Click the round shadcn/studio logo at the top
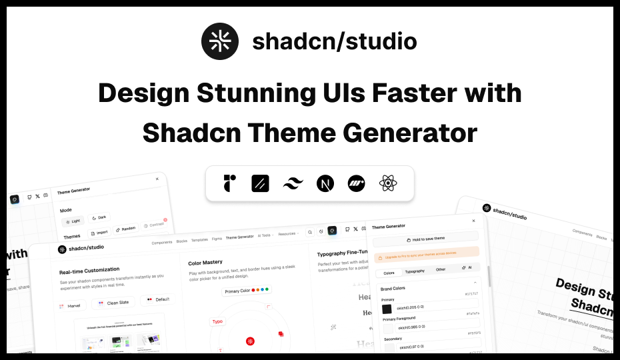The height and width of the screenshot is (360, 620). [x=220, y=41]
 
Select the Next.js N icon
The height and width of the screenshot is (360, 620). [x=325, y=183]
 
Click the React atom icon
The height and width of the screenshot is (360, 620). [x=389, y=183]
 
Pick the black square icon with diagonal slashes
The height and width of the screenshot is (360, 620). [x=261, y=183]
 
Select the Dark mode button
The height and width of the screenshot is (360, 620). [x=99, y=217]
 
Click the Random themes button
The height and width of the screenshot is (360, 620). [x=125, y=229]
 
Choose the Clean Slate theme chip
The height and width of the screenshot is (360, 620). [x=113, y=303]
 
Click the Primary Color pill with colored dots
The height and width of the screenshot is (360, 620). [x=247, y=291]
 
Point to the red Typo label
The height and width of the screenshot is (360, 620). [x=217, y=321]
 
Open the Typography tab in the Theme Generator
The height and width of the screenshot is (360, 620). [x=415, y=271]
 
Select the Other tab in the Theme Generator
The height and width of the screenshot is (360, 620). [x=441, y=269]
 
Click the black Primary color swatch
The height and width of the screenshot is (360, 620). [x=387, y=309]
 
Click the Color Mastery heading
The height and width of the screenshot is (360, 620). [x=205, y=262]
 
